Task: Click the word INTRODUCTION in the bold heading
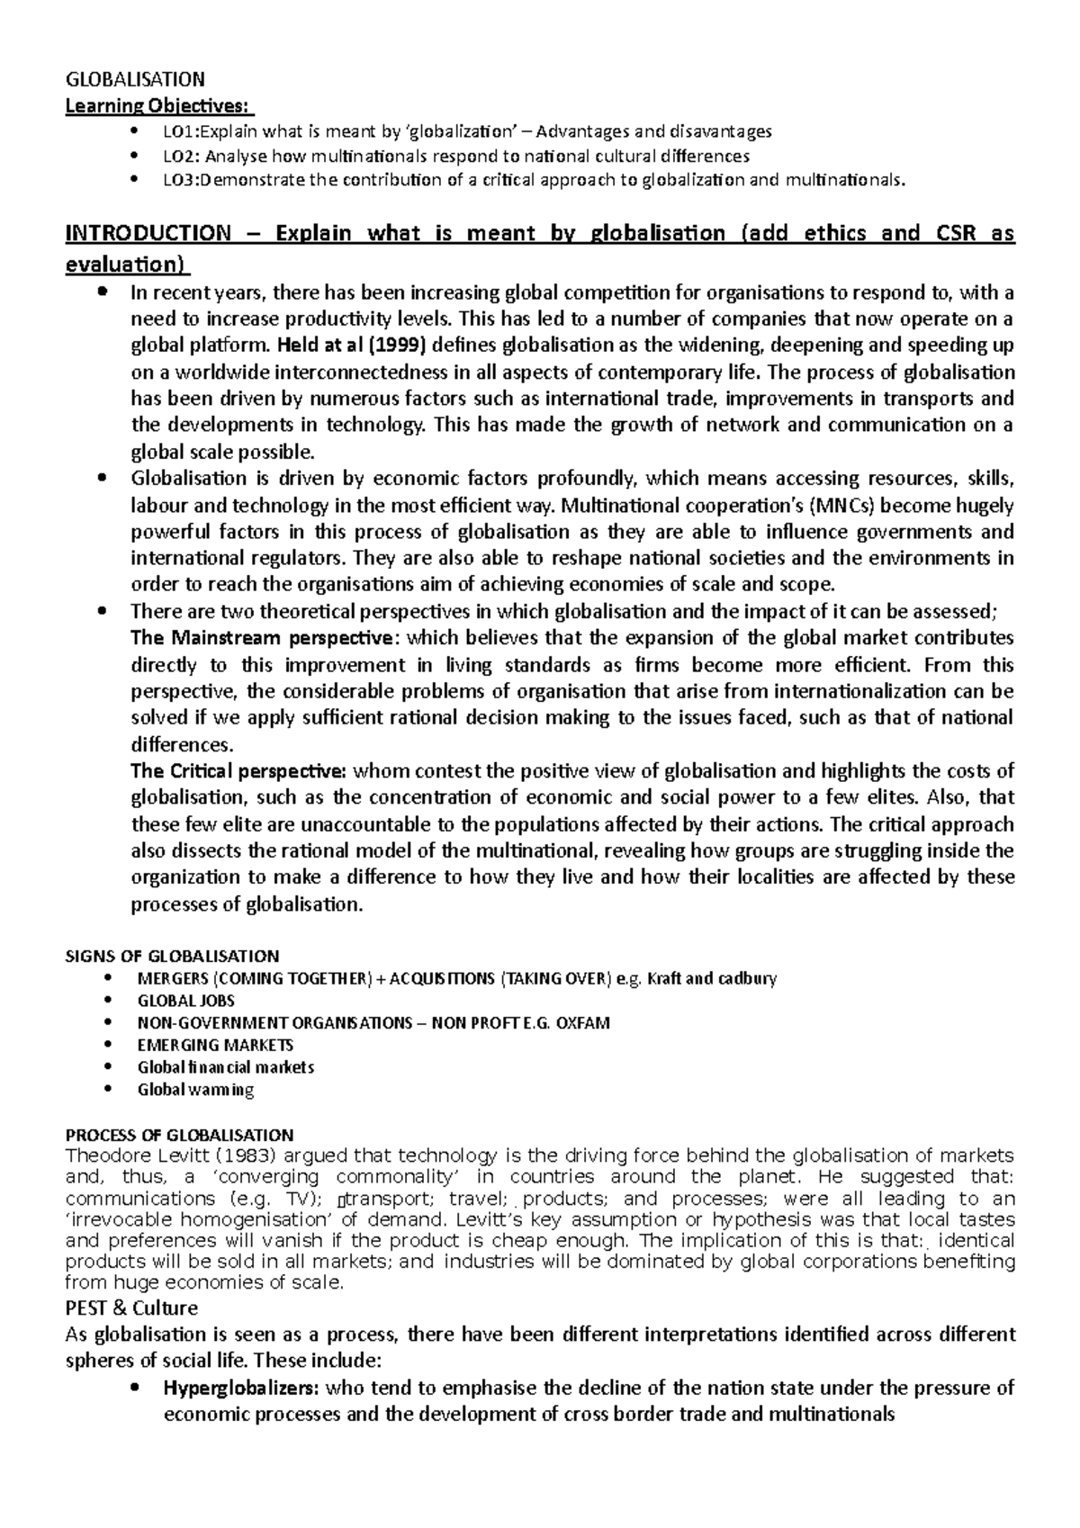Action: (x=148, y=234)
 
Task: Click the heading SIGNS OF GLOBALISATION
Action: (x=173, y=956)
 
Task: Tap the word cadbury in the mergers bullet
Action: (x=743, y=978)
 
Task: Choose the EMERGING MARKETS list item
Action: (x=215, y=1045)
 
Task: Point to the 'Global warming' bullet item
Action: (x=195, y=1090)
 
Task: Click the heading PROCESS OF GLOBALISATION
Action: (x=180, y=1135)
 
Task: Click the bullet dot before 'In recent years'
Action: (x=104, y=292)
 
